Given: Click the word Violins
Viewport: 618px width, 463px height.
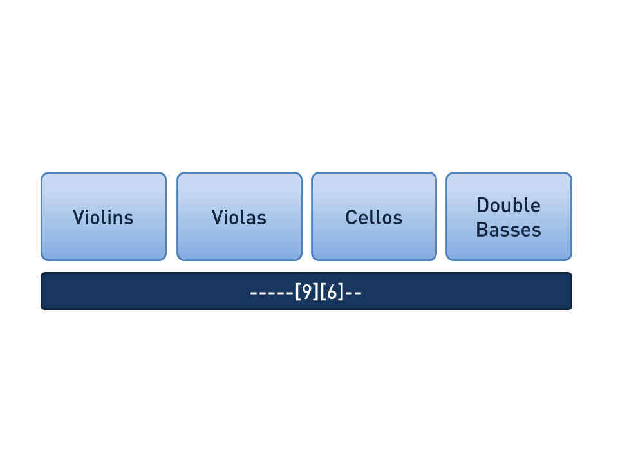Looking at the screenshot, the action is pyautogui.click(x=103, y=217).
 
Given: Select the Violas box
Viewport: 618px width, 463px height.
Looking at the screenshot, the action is pyautogui.click(x=239, y=216).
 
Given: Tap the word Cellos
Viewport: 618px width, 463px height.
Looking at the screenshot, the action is pyautogui.click(x=374, y=217).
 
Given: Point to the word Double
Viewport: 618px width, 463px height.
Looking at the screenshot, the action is pyautogui.click(x=509, y=205).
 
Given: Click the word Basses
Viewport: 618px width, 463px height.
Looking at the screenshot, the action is pyautogui.click(x=509, y=230).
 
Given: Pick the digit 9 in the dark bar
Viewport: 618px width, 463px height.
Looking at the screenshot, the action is pyautogui.click(x=306, y=292).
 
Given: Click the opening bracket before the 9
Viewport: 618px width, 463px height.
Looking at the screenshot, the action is pyautogui.click(x=298, y=292).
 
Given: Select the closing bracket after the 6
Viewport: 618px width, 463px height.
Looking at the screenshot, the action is pyautogui.click(x=341, y=292).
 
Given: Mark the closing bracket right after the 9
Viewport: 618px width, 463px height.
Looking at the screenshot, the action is pyautogui.click(x=315, y=292).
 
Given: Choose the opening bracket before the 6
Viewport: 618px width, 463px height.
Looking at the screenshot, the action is pyautogui.click(x=323, y=292).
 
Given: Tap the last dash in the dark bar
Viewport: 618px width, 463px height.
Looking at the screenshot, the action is pyautogui.click(x=358, y=293).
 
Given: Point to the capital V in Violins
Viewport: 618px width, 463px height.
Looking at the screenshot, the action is pyautogui.click(x=79, y=217).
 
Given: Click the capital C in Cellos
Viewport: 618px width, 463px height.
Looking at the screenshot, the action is pyautogui.click(x=351, y=217).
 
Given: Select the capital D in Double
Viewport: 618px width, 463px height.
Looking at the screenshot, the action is pyautogui.click(x=482, y=205).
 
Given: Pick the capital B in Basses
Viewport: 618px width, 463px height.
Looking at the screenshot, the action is pyautogui.click(x=482, y=230).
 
